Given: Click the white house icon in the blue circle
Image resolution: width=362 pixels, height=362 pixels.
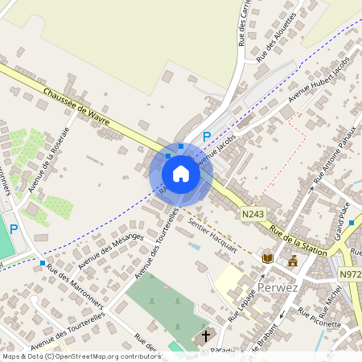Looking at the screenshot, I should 180,173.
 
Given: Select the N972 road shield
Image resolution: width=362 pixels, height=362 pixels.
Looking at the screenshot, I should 350,274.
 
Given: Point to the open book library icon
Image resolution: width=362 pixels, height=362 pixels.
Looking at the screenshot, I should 268,258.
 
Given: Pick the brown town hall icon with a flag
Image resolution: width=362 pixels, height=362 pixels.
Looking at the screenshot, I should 293,260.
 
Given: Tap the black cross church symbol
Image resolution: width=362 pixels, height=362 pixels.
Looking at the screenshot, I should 205,335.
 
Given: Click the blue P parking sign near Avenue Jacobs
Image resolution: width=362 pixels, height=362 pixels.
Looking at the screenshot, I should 207,138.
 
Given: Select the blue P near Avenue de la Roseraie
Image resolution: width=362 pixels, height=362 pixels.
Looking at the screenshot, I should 13,229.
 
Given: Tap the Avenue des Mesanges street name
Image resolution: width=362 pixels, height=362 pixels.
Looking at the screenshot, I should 113,247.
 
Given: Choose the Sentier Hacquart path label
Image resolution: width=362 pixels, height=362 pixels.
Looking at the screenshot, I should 212,234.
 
